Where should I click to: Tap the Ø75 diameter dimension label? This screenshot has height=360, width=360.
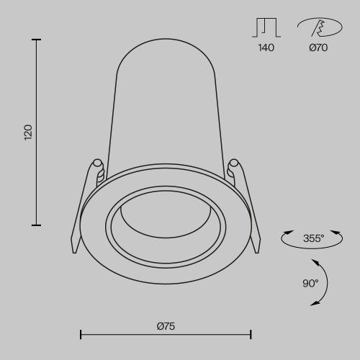(166, 326)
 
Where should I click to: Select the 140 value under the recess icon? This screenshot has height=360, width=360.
(266, 49)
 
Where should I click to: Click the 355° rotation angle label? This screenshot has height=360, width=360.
(313, 237)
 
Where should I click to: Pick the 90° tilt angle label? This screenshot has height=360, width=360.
(310, 283)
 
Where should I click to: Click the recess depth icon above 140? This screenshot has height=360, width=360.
(266, 28)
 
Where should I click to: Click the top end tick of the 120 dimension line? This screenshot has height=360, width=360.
(36, 40)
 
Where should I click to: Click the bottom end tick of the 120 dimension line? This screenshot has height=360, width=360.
(36, 225)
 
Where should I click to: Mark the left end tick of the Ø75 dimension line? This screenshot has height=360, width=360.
(80, 334)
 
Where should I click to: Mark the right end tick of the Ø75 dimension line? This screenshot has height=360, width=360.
(251, 334)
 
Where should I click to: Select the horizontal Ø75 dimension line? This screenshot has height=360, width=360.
(166, 334)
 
